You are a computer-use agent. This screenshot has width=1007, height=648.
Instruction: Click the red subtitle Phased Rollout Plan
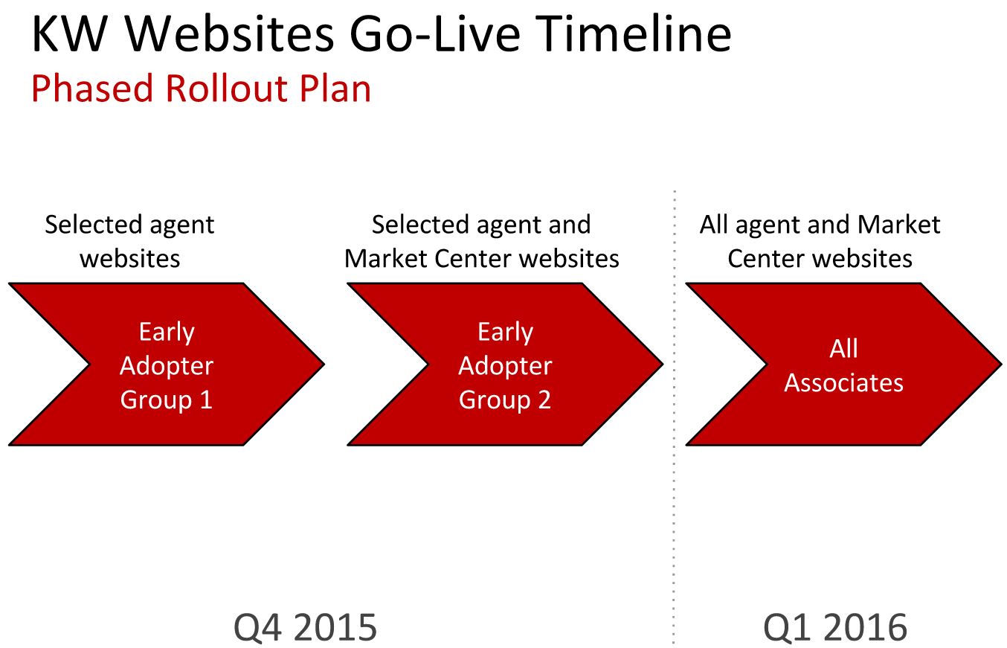coord(201,89)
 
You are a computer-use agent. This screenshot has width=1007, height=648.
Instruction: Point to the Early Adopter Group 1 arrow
coord(167,365)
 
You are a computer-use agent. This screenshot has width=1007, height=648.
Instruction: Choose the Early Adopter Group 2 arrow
coord(505,365)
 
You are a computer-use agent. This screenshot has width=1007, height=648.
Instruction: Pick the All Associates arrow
coord(843,365)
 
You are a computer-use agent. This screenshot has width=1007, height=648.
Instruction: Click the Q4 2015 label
coord(306,626)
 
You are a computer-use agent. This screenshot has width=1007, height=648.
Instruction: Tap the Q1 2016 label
coord(835,626)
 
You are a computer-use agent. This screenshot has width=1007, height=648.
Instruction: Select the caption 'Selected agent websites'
coord(129,241)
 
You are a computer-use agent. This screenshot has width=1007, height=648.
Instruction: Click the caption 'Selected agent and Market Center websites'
coord(481,241)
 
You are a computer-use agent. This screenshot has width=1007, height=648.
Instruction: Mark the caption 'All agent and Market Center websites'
coord(820,241)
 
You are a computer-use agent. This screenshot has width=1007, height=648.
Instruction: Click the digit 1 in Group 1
coord(206,400)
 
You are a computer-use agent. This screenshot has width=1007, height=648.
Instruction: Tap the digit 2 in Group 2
coord(544,400)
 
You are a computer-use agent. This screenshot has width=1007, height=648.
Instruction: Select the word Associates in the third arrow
coord(843,382)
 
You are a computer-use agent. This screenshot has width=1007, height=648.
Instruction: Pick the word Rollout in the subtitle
coord(227,89)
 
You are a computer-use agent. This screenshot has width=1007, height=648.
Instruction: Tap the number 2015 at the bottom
coord(335,626)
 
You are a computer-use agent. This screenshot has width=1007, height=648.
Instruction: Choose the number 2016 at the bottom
coord(865,626)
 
